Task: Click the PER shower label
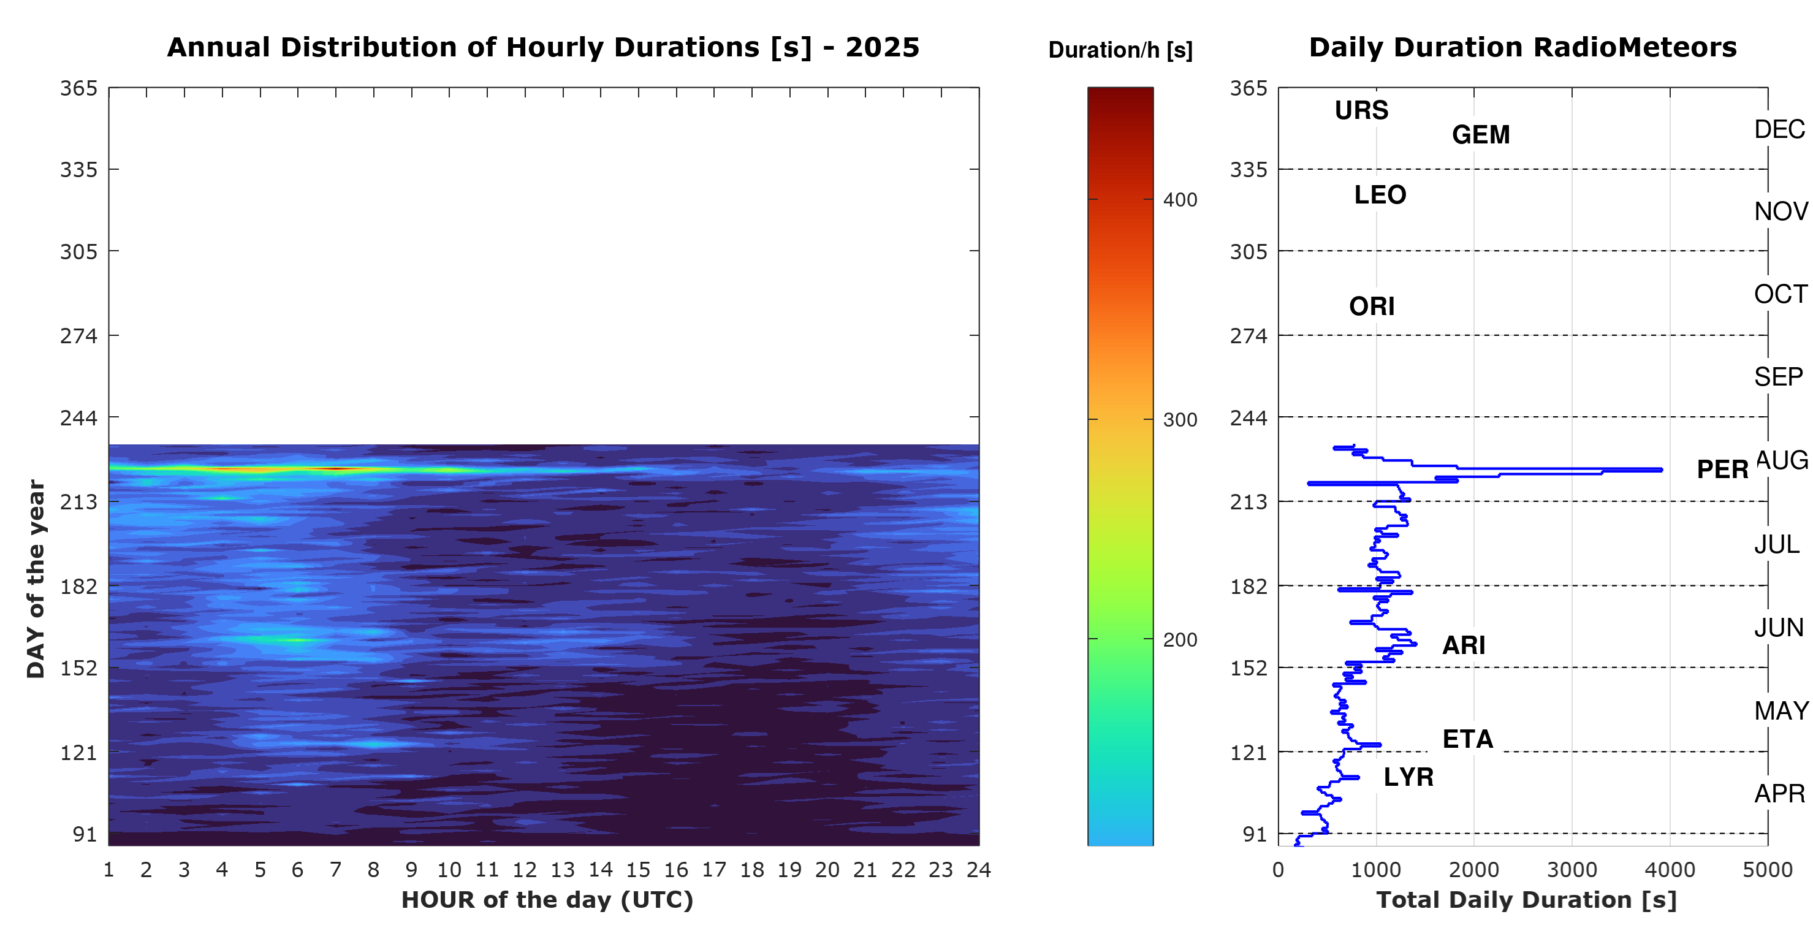1722,469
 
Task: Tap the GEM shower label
1481,134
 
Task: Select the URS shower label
1361,110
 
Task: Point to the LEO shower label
1380,194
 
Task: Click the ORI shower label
1372,306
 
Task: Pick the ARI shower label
1464,645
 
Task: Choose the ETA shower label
1467,739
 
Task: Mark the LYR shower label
1408,777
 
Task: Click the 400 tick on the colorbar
1180,200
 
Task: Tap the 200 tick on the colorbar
1180,640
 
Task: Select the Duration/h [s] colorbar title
1120,50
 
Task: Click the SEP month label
1778,377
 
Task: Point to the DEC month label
1779,129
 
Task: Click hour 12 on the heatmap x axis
524,870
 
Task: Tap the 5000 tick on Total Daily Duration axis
1767,870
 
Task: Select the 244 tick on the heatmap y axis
79,417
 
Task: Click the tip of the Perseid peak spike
1662,470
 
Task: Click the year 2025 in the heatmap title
883,47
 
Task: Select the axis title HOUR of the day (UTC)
547,900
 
